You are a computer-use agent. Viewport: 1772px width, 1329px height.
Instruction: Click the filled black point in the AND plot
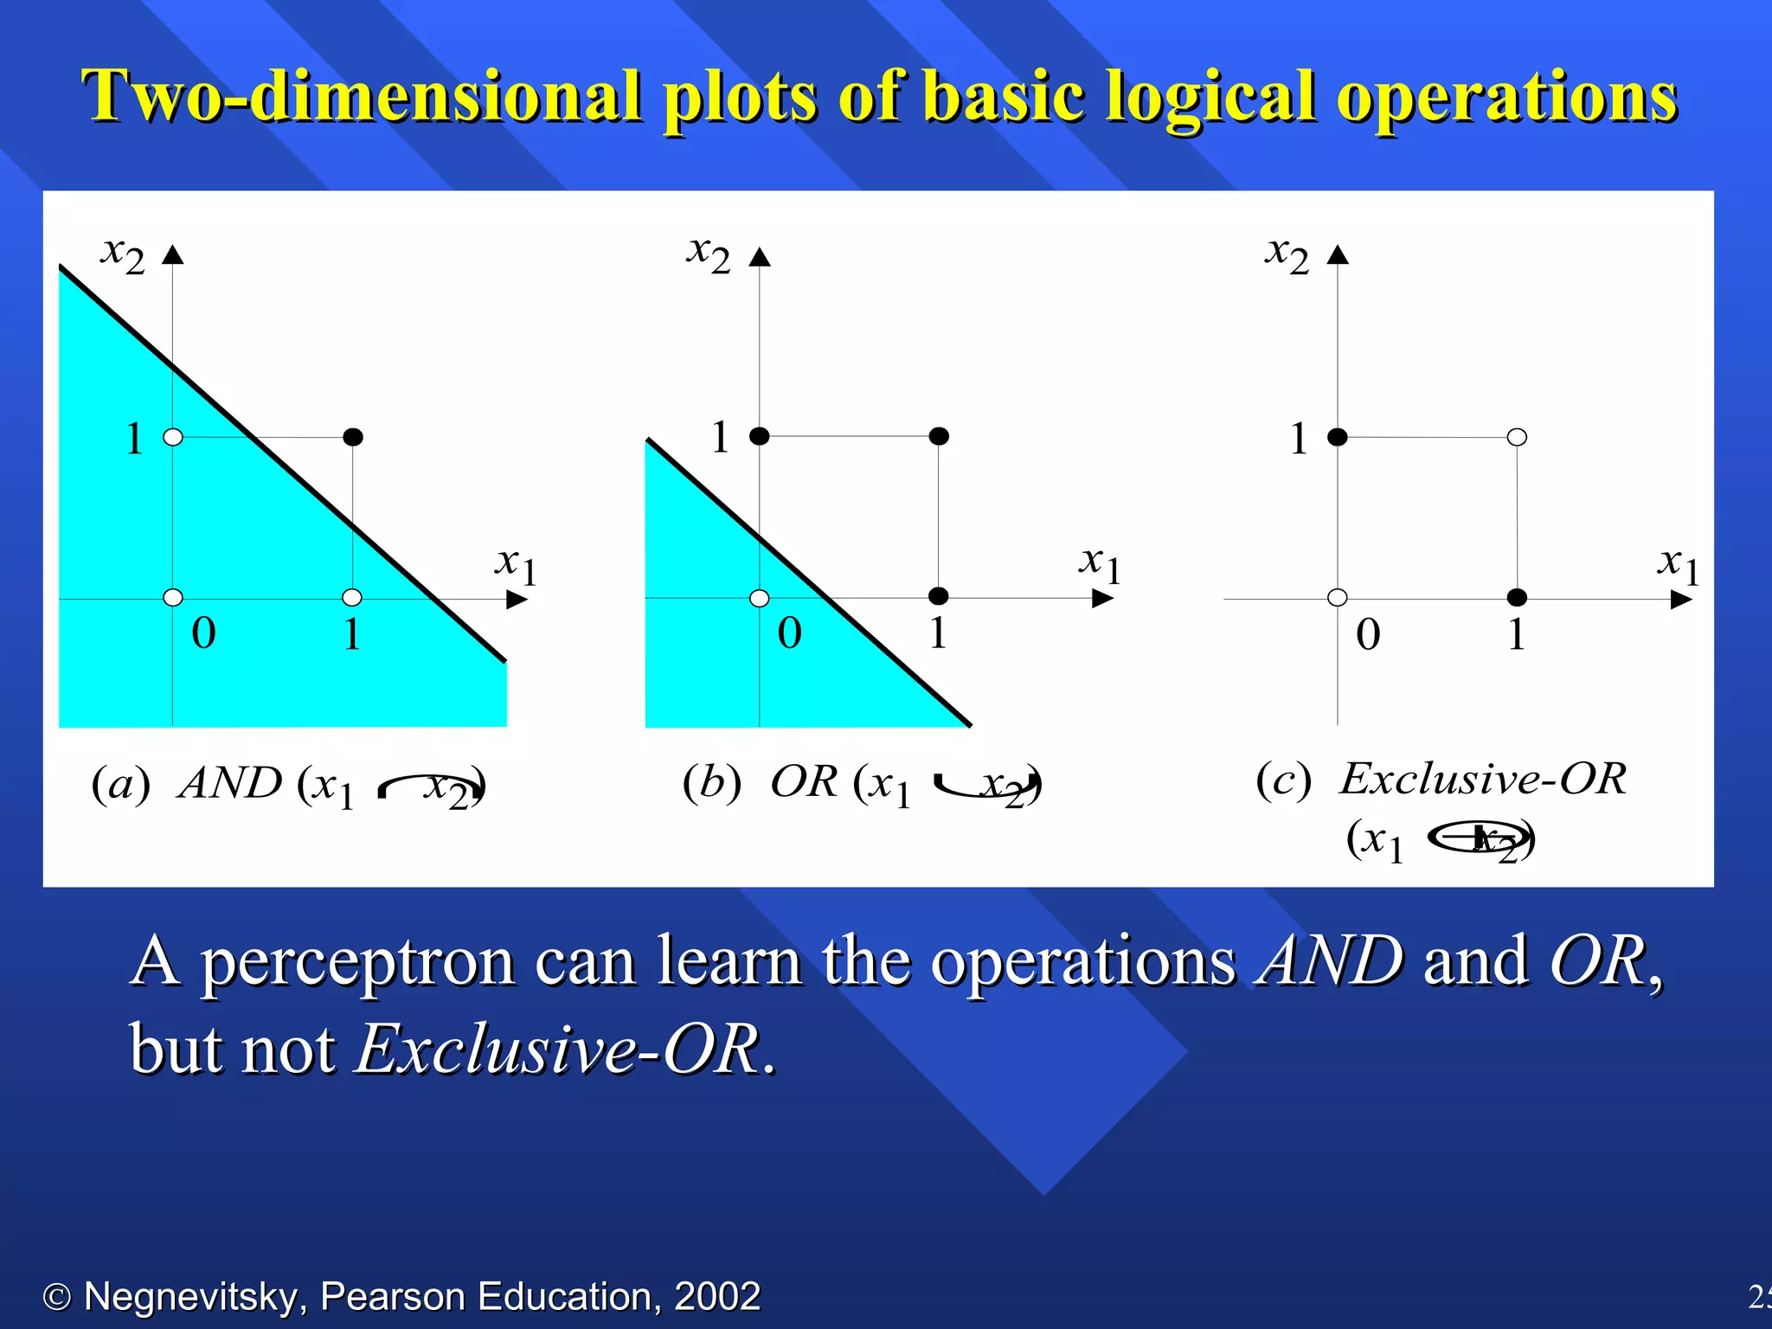[x=352, y=437]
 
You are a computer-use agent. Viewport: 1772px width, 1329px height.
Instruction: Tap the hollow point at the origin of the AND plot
[x=173, y=597]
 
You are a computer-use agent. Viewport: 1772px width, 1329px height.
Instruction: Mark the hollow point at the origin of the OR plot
[x=759, y=598]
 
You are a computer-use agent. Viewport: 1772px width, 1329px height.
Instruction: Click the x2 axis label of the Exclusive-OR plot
[x=1286, y=255]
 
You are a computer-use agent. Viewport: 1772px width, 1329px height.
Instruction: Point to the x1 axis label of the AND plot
[x=516, y=566]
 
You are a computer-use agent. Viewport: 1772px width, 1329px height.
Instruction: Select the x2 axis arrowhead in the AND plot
[x=173, y=254]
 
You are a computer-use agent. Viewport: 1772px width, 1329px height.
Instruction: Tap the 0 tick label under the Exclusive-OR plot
[x=1367, y=634]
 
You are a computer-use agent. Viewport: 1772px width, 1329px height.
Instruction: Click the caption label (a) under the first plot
[x=120, y=784]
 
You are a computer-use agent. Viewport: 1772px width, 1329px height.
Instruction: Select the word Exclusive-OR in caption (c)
[x=1482, y=779]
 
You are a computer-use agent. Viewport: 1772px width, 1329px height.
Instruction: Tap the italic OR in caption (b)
[x=803, y=782]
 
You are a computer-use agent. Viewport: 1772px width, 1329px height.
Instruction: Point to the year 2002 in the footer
[x=716, y=1296]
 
